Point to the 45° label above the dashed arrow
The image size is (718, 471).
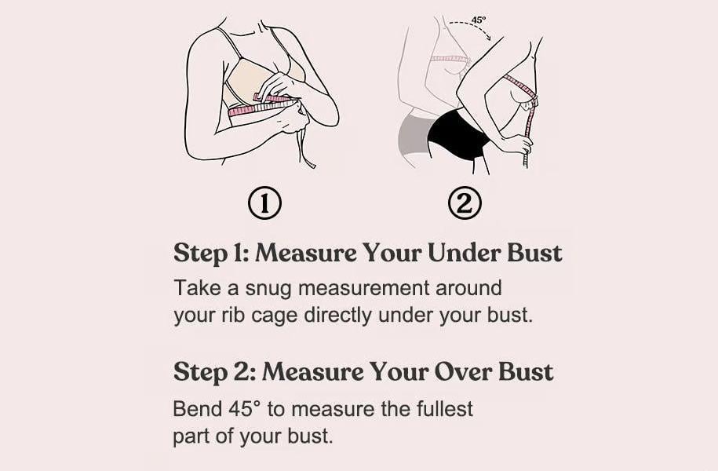[478, 20]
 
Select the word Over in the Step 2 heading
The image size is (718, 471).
[462, 371]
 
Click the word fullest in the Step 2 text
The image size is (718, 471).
[444, 408]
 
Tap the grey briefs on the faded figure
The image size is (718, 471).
[414, 133]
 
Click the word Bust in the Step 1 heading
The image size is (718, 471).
[534, 253]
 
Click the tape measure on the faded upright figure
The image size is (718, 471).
[450, 60]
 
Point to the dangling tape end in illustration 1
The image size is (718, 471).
[306, 149]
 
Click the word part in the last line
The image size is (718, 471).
[191, 436]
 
